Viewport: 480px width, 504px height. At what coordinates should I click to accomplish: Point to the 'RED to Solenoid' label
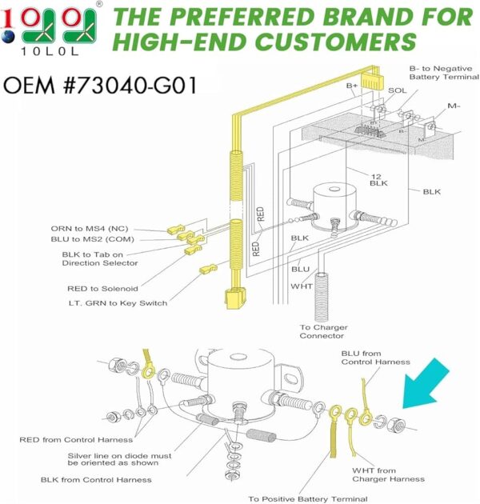tap(102, 288)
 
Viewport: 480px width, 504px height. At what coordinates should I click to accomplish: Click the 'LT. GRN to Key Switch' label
tap(118, 302)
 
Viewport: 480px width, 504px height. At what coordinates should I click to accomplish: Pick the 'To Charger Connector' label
tap(322, 331)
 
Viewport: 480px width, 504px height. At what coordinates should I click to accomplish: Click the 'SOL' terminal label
tap(398, 90)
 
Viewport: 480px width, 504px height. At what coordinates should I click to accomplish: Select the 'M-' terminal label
tap(454, 106)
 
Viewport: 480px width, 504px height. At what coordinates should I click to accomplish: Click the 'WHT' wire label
tap(302, 286)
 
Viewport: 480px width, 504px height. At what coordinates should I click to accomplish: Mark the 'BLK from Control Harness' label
tap(96, 479)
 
